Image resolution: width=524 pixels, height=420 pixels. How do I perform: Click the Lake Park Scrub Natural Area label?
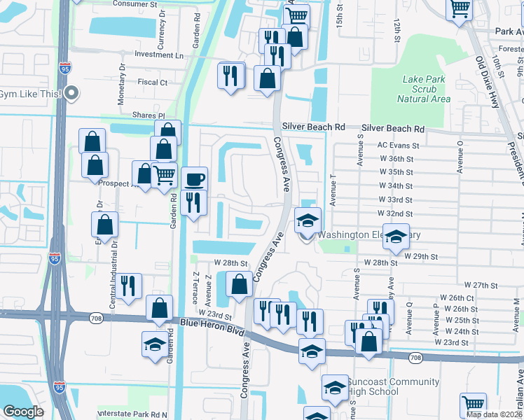click(x=423, y=89)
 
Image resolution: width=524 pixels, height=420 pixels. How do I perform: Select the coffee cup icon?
click(x=194, y=179)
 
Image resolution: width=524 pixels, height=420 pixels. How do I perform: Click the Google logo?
click(x=23, y=412)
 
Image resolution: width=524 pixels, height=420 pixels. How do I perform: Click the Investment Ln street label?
click(x=159, y=55)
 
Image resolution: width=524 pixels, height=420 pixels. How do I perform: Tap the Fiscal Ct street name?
click(x=153, y=82)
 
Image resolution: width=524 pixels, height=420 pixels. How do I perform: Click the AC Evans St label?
click(x=397, y=146)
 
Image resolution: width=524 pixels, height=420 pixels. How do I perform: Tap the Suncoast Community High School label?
click(x=393, y=387)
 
